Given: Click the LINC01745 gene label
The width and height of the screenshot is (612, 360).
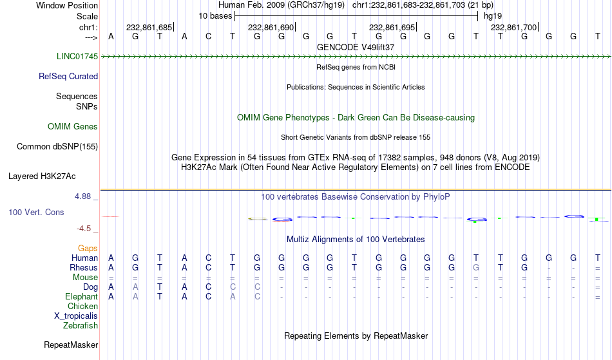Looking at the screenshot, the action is point(77,57).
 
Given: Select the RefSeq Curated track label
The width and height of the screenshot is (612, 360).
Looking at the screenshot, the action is point(68,77).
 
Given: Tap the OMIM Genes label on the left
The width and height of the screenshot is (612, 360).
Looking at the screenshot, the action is point(73,127).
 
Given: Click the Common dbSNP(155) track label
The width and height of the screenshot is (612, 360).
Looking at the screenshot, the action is point(57,147).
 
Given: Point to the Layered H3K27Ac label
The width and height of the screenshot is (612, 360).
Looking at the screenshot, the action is point(42,176).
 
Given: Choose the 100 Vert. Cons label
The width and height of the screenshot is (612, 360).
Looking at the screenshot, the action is point(36,212).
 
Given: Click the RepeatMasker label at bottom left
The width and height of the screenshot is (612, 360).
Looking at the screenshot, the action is point(71,345).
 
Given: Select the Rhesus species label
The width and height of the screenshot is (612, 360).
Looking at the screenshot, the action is point(84,268).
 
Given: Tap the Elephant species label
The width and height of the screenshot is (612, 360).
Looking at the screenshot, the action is point(82,297).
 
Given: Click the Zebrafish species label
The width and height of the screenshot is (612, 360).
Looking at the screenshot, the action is point(81,326).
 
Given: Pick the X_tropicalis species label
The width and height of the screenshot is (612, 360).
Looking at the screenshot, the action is point(76,316).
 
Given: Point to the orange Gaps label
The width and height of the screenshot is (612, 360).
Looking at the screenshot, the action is point(88,249).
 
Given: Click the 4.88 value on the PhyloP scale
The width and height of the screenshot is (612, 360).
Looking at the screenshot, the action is point(82,196).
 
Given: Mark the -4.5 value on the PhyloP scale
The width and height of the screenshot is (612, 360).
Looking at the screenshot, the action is point(84,229).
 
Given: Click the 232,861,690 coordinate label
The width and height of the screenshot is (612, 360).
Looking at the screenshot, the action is point(271,27).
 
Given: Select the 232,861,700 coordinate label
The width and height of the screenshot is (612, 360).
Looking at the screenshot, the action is point(513,27).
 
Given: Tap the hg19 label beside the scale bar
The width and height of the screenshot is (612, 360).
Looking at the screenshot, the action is point(493,16).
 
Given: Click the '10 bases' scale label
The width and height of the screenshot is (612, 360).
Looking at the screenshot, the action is point(215,16).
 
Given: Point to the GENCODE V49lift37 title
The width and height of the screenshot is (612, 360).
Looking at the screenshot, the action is point(356,47).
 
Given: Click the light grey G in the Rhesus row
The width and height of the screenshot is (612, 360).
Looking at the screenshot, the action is point(476,268).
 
